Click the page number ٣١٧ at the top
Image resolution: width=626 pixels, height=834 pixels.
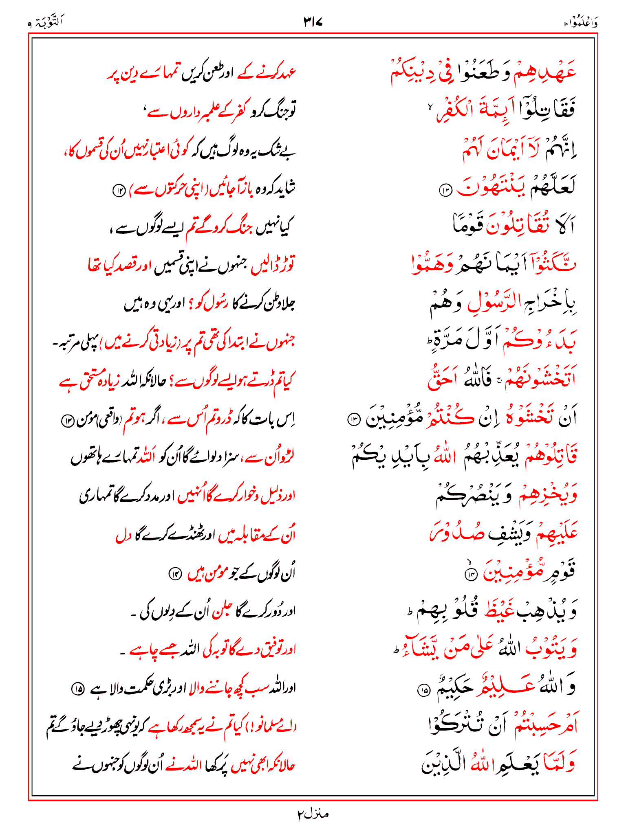(313, 22)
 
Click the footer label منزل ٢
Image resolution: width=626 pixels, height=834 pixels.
(313, 814)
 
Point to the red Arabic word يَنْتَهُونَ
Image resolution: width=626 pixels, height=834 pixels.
(491, 188)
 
